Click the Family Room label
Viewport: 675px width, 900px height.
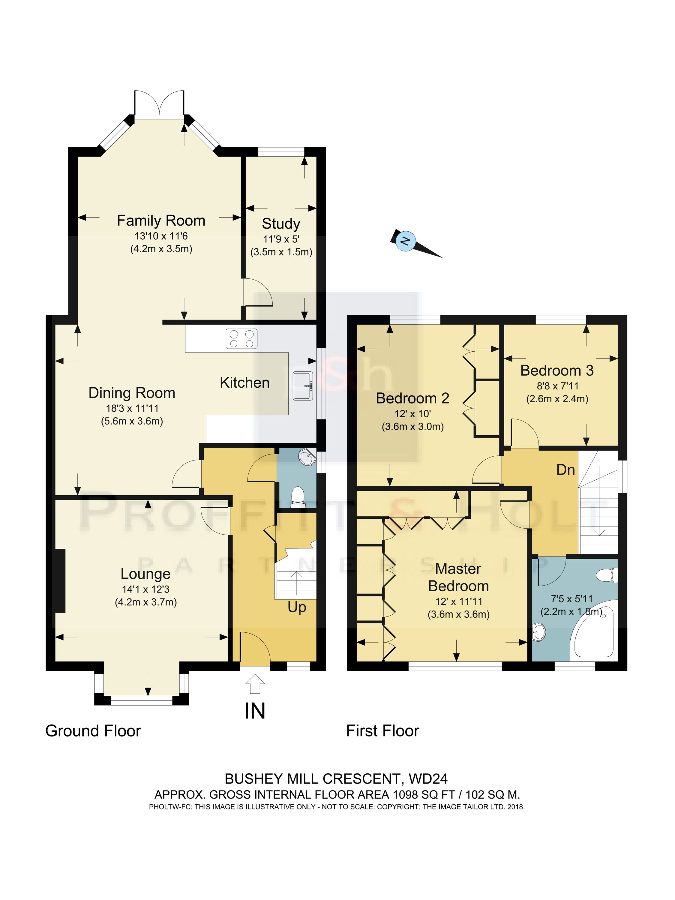point(161,220)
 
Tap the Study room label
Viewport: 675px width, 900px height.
point(281,224)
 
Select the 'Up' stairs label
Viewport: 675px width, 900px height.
point(297,607)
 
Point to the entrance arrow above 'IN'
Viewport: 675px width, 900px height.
point(255,684)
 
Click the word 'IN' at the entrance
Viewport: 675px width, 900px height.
point(255,711)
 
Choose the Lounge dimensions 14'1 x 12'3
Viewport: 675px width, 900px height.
point(146,589)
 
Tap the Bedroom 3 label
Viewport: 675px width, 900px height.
point(557,371)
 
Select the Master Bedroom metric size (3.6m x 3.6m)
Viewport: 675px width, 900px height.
point(458,614)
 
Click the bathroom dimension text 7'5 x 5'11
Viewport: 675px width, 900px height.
point(572,599)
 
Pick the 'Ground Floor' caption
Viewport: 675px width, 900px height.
point(93,731)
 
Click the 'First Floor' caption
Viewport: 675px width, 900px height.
point(382,731)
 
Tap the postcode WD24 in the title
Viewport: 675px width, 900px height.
point(428,779)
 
